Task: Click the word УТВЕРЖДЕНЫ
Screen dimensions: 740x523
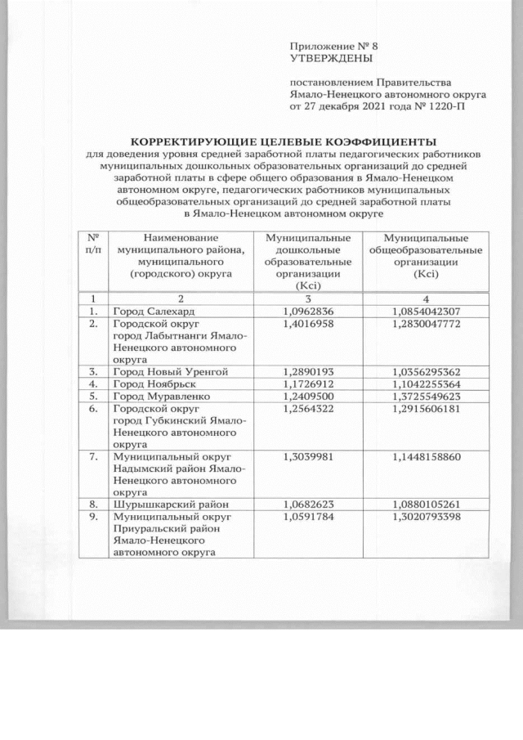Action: click(330, 60)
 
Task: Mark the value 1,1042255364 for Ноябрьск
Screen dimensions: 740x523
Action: click(427, 383)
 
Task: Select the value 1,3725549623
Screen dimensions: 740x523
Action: click(427, 396)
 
